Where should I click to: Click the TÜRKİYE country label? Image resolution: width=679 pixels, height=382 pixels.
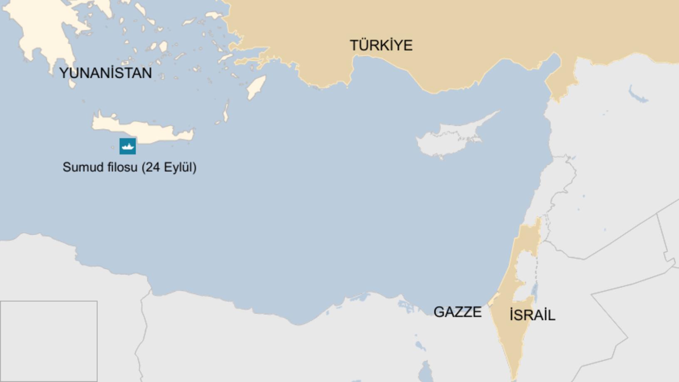click(381, 45)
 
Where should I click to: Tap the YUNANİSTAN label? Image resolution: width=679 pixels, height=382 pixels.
click(106, 73)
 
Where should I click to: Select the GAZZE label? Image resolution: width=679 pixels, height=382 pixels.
click(457, 312)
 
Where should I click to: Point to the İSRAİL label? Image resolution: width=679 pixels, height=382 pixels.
click(532, 315)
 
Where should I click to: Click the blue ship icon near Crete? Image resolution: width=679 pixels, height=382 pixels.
click(128, 146)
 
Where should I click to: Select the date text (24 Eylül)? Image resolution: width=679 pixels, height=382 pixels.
click(169, 167)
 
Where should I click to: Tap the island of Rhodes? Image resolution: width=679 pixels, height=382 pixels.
click(256, 87)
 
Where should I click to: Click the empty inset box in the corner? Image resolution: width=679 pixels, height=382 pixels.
click(49, 341)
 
